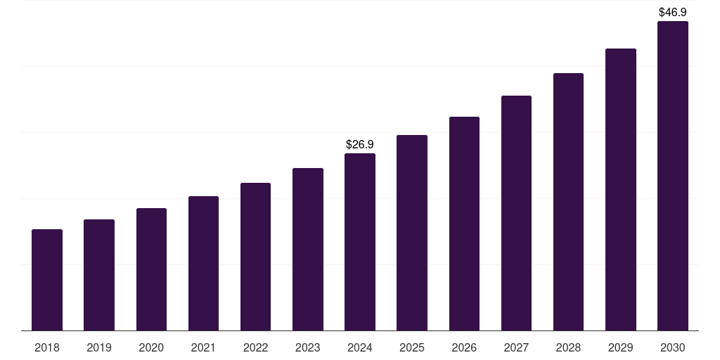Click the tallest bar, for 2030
[673, 176]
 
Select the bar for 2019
[99, 275]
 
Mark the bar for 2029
[621, 190]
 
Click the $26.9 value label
[360, 144]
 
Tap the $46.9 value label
[673, 12]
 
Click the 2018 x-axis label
[47, 347]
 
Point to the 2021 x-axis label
[203, 347]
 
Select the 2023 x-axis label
[308, 347]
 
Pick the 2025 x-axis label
[412, 347]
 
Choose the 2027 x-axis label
[516, 347]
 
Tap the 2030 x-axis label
[673, 347]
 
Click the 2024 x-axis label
[360, 347]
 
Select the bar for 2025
[412, 233]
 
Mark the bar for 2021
[203, 264]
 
